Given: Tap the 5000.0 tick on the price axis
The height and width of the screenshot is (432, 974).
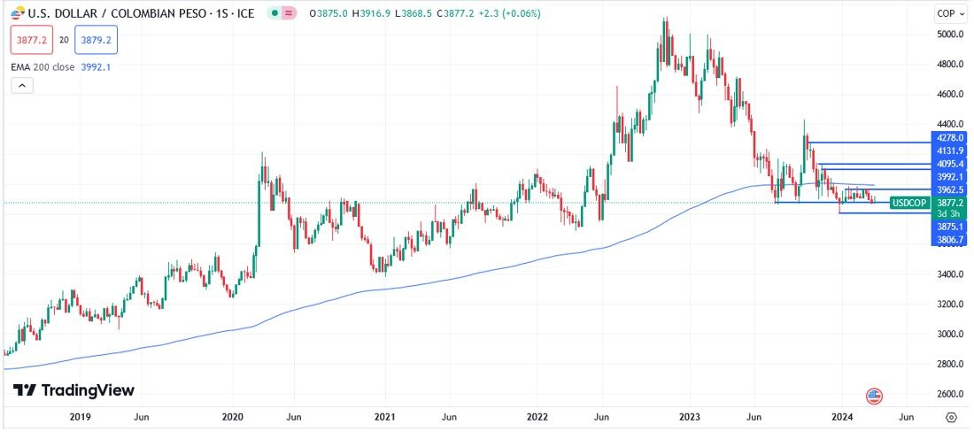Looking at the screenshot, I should click(x=949, y=34).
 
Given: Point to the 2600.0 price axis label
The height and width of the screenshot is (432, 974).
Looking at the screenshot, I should click(x=949, y=394).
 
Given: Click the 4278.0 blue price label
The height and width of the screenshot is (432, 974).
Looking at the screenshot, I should click(x=949, y=138).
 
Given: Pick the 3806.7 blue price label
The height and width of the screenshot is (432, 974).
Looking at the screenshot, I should click(x=949, y=240).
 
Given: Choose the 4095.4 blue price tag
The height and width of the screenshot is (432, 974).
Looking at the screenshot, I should click(x=949, y=165).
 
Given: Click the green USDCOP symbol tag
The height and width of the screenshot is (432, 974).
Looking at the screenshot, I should click(x=908, y=203).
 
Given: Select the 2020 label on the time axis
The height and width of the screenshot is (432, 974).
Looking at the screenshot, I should click(x=233, y=416).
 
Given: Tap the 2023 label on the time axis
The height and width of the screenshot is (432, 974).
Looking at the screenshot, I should click(x=690, y=416).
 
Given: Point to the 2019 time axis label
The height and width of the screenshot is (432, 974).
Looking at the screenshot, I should click(x=80, y=416).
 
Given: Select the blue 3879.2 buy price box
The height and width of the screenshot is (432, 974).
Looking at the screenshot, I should click(x=96, y=41).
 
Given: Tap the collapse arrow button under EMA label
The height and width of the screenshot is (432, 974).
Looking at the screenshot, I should click(x=22, y=86).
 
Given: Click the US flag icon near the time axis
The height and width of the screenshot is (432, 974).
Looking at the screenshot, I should click(x=874, y=396).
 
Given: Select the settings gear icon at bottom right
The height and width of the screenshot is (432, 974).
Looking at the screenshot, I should click(x=951, y=416).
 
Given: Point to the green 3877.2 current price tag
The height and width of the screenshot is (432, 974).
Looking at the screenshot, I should click(x=949, y=203).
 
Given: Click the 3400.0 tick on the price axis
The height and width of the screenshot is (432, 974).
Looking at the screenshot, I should click(x=949, y=274).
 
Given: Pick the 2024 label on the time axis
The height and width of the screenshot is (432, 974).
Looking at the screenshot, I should click(x=842, y=416).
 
